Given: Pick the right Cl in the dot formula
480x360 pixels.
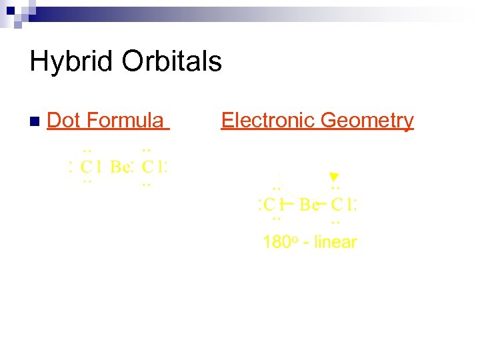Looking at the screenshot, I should (x=152, y=166).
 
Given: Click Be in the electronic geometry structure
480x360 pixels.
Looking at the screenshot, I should (x=309, y=204).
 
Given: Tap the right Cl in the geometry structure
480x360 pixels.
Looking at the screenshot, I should (x=343, y=204).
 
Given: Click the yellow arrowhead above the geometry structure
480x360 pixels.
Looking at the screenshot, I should (x=335, y=177).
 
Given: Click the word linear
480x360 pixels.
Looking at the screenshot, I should (x=335, y=242).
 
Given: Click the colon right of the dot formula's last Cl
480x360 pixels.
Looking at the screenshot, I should (x=165, y=166).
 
